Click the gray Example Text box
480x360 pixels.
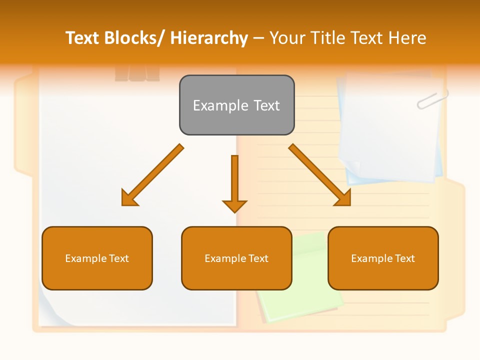click(236, 105)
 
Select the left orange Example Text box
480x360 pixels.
click(97, 258)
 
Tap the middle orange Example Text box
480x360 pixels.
click(236, 258)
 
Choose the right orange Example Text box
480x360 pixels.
click(383, 258)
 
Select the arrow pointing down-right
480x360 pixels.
click(320, 175)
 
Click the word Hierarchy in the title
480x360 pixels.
click(209, 38)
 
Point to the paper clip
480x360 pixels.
click(432, 99)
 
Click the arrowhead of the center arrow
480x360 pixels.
click(234, 206)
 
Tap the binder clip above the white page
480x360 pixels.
click(137, 73)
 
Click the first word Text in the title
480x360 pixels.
click(82, 38)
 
